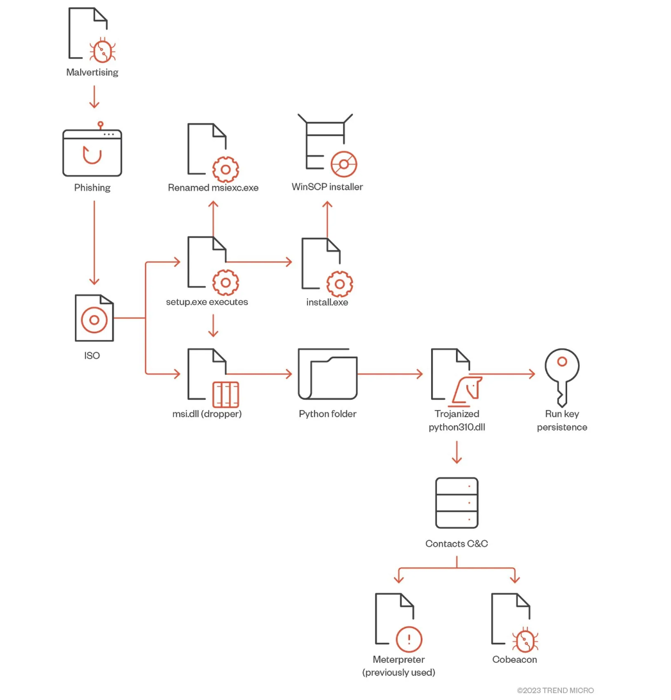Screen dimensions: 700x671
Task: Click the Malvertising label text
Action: point(92,73)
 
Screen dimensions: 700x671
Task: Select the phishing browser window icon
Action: point(92,153)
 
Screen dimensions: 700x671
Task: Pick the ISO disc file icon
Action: point(94,318)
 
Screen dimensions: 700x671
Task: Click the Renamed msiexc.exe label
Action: point(213,188)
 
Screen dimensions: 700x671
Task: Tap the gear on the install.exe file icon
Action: point(339,283)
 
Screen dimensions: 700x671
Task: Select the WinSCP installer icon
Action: point(327,145)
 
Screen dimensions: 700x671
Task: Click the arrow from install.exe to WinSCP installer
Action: point(327,218)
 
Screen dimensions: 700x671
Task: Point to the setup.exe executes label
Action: point(207,302)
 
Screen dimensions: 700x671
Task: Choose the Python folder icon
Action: point(327,374)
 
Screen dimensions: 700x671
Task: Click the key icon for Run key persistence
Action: point(562,375)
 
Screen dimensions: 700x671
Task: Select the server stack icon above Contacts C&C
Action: point(457,502)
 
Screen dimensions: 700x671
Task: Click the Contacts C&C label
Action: point(456,543)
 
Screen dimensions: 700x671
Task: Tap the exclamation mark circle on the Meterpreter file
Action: point(409,639)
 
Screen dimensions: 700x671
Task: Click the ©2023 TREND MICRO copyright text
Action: point(555,690)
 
